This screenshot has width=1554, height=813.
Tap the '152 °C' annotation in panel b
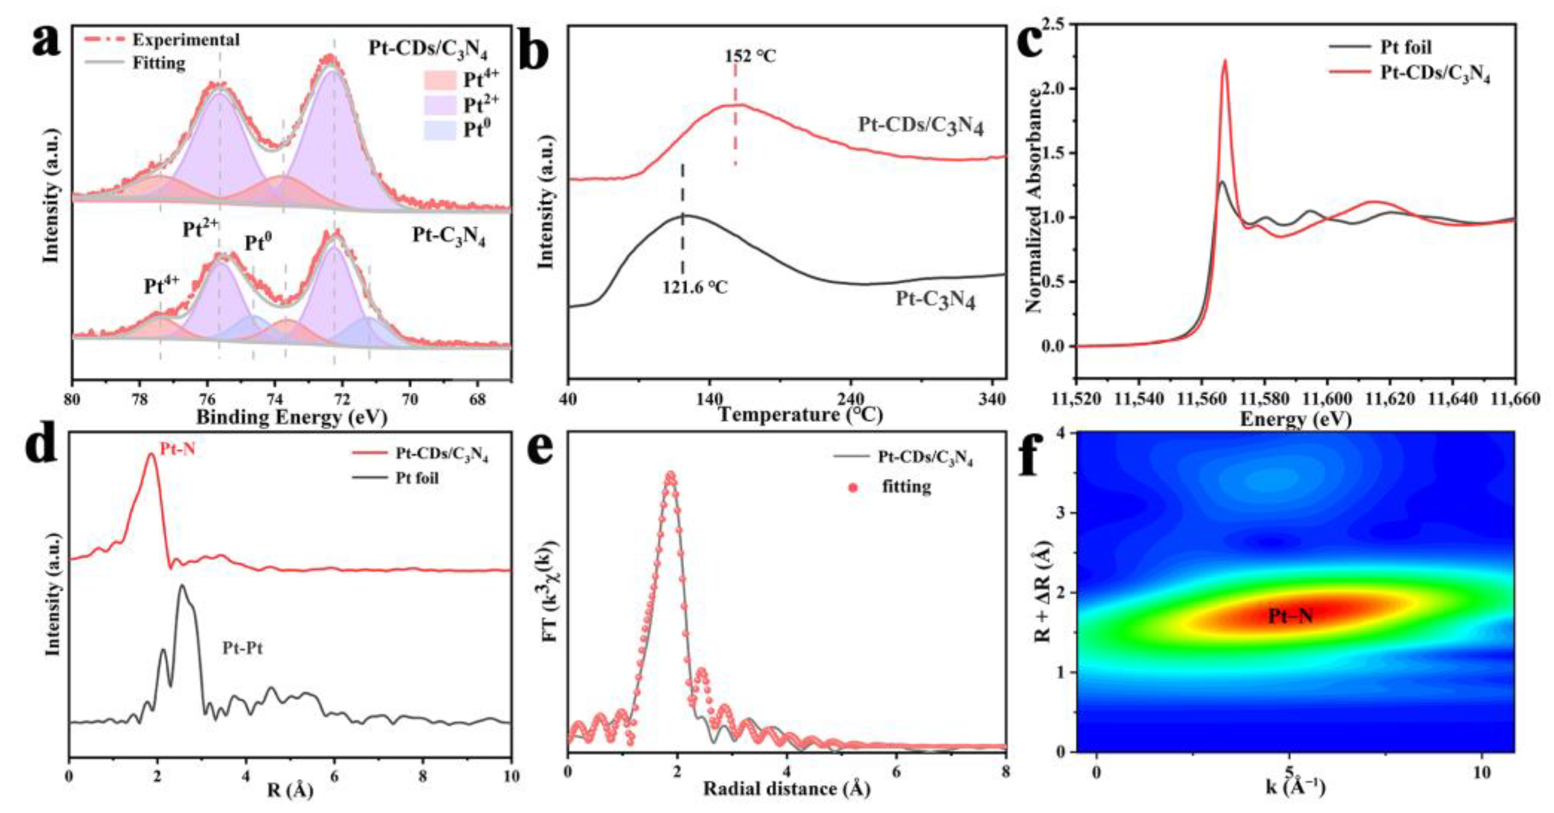(750, 56)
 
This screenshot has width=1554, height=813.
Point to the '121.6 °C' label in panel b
(695, 287)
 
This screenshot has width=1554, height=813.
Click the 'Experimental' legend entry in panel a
(186, 40)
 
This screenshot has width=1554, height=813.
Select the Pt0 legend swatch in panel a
(440, 130)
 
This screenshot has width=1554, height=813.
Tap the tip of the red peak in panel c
(1225, 60)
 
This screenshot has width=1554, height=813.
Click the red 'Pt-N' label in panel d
(177, 448)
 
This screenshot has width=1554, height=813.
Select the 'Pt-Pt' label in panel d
(243, 649)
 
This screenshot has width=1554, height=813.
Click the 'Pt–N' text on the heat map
(1290, 616)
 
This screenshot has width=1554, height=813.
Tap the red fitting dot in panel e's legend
(853, 487)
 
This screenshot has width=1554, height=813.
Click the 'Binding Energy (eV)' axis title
(291, 417)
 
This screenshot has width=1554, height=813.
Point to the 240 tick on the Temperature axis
(851, 399)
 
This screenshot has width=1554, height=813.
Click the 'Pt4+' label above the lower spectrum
(161, 285)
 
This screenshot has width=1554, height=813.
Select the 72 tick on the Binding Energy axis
(343, 399)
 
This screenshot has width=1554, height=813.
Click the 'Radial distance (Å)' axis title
(786, 788)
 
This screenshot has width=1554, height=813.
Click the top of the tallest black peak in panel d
(182, 585)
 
